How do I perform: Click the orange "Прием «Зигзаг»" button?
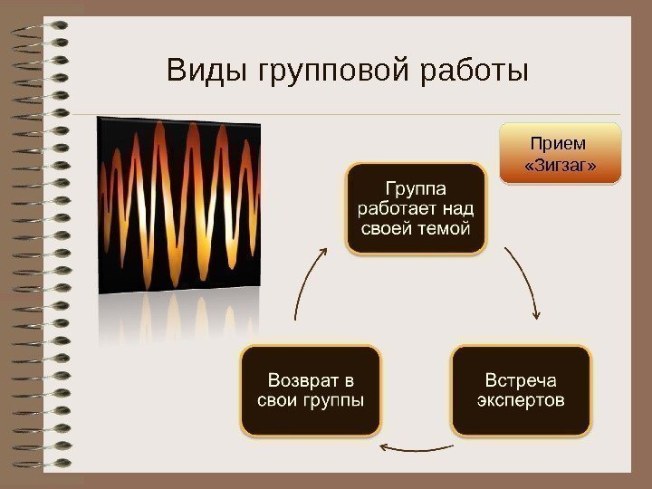[561, 154]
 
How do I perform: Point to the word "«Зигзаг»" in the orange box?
[561, 166]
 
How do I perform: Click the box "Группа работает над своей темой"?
[416, 208]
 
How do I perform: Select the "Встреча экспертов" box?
[521, 389]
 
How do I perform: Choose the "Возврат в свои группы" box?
[310, 389]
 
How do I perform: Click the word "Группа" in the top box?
[416, 189]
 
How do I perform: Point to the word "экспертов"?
[521, 400]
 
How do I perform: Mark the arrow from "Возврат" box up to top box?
[308, 281]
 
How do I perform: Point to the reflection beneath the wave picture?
[179, 317]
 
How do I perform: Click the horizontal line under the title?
[362, 115]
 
